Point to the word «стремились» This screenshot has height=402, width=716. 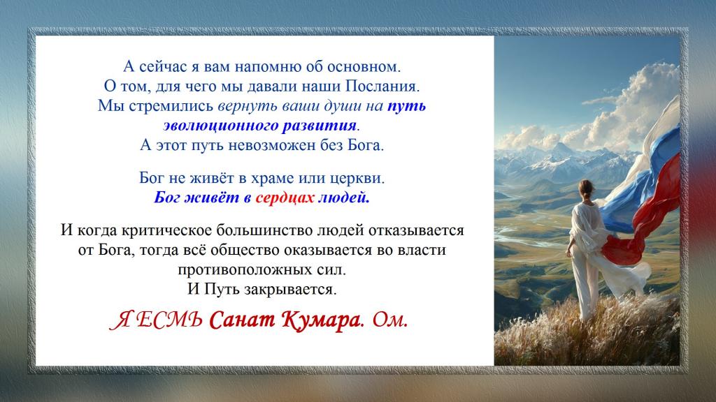tap(171, 106)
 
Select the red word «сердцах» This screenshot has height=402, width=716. tap(285, 198)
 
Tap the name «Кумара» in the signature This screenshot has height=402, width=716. tap(319, 320)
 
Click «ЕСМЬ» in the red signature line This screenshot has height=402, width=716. tap(169, 321)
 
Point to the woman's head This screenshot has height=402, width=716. tap(586, 188)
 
